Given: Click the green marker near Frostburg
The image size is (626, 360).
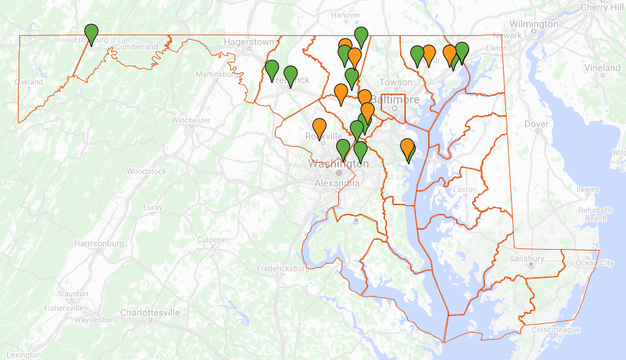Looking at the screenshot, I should coord(91,34).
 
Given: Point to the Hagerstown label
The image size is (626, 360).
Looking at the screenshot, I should coord(249,42).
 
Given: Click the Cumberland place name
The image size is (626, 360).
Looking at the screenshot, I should coord(136,47).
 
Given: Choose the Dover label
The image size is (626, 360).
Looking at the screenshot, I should coord(537,124).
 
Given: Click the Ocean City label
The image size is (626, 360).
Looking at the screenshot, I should coord(594,263).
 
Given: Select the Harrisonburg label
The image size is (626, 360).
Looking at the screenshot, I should coord(100,243).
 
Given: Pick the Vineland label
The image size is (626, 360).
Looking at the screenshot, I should coord(602,68).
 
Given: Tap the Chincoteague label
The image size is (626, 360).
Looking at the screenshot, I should coord(556,330).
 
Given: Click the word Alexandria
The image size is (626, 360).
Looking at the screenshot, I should coord(337,184).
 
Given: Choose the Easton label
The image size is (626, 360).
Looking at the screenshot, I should coord(464,190).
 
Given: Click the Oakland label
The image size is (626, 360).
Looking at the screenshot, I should coord(29,83).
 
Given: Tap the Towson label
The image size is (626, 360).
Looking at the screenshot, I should coord(396,83).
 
